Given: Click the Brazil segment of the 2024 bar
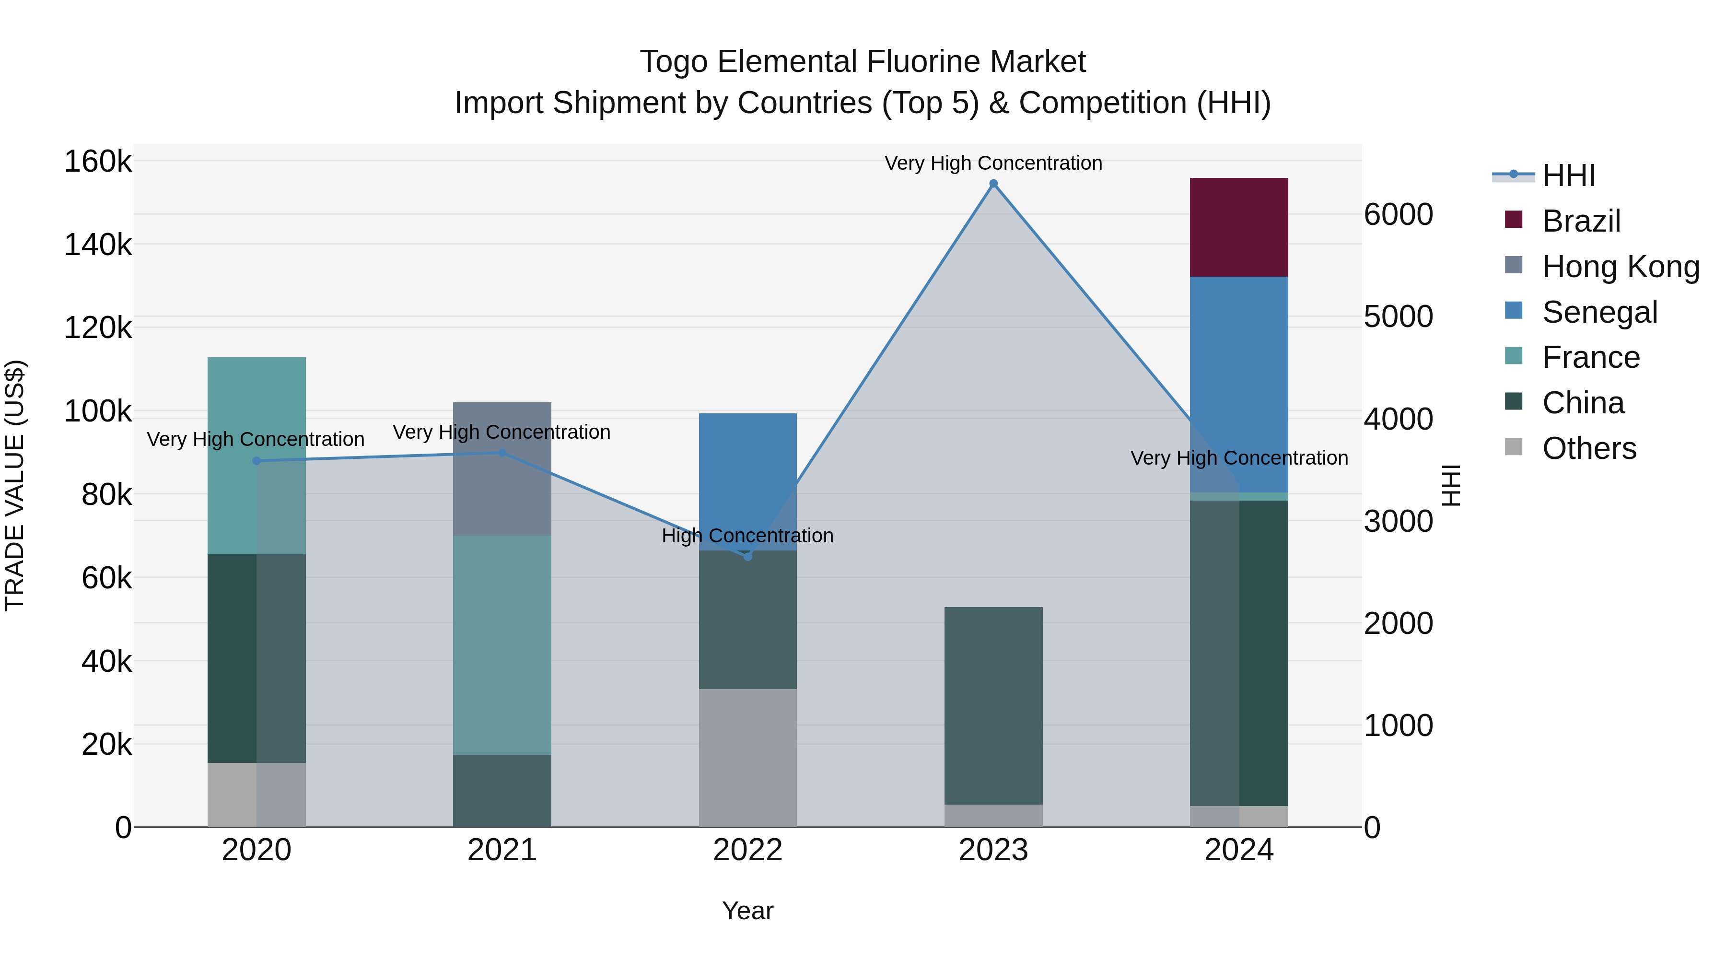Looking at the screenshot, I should tap(1238, 227).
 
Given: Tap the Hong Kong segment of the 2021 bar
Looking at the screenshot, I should tap(502, 468).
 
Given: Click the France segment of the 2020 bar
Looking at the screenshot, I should tap(257, 455).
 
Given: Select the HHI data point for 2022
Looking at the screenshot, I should tap(748, 556).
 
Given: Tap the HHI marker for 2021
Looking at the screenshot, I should tap(502, 453).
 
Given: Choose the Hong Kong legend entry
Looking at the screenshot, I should tap(1620, 267).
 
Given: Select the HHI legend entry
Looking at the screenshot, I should tap(1568, 175).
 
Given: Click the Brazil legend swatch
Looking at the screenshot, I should tap(1514, 220).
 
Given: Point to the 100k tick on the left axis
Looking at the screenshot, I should tap(98, 411).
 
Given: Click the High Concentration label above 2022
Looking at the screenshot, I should tap(748, 536).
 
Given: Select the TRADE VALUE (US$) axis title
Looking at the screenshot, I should tap(15, 485).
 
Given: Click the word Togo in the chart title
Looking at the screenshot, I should tap(674, 62).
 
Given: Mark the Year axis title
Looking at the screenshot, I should tap(748, 911).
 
